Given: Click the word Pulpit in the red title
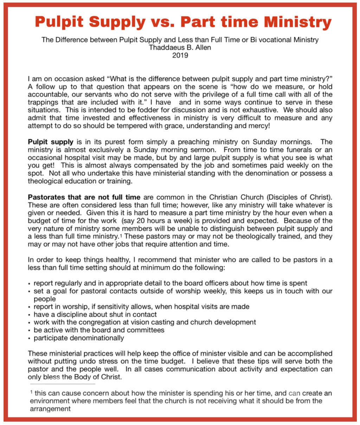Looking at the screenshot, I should pos(59,22).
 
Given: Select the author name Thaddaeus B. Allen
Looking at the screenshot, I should pos(180,47).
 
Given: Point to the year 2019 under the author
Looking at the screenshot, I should pos(180,55).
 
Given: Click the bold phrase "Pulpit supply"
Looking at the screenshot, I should pos(51,142).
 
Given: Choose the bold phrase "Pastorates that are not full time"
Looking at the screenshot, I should pos(84,197).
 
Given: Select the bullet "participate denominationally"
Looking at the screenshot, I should pos(79,338).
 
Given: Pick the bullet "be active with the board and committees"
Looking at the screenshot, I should pos(99,330).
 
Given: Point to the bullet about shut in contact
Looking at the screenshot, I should pos(95,314).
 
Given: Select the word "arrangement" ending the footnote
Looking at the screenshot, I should pos(50,408).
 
